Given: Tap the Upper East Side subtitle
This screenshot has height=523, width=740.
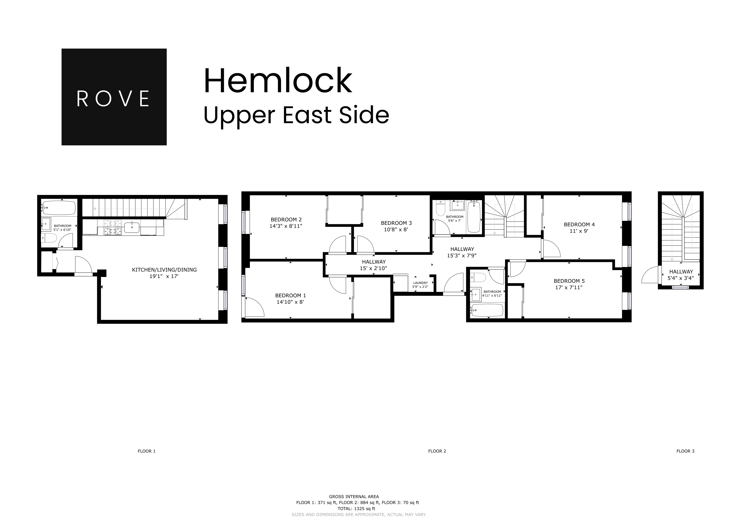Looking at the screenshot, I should click(x=296, y=115).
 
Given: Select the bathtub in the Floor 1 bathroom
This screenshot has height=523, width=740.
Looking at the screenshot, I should click(x=59, y=208).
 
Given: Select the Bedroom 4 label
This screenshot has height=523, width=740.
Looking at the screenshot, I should click(x=579, y=224).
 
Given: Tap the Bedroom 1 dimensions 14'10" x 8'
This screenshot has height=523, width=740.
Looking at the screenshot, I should click(x=290, y=302).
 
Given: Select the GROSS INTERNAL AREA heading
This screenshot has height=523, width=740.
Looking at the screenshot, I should click(x=354, y=497).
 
